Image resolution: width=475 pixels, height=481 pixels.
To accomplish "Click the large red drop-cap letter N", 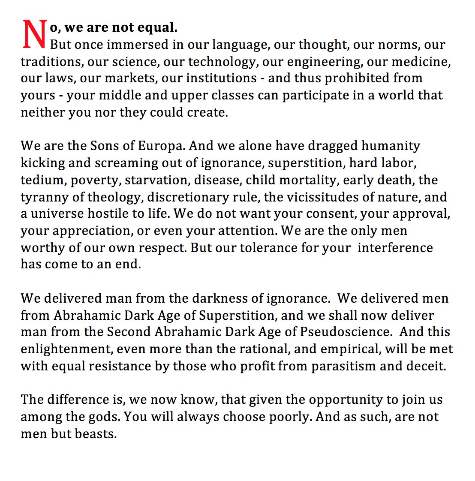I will pos(33,34).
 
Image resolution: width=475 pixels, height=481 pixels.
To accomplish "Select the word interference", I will pos(395,248).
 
